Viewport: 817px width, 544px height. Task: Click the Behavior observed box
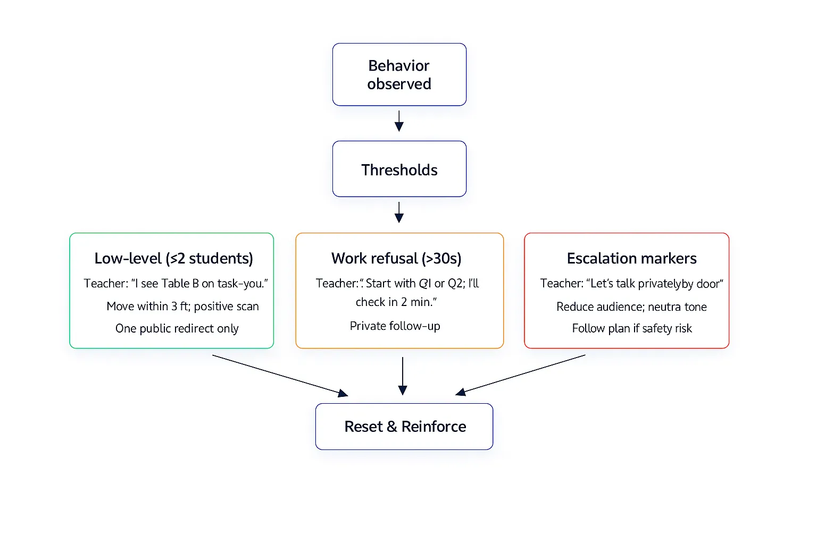399,74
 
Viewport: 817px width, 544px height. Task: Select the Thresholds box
399,169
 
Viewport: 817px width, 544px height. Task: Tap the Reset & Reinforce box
404,427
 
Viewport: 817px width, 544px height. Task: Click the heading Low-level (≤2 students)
173,259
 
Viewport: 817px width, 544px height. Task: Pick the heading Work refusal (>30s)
396,259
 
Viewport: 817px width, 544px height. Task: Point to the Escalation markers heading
631,259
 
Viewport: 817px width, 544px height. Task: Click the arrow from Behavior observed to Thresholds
399,121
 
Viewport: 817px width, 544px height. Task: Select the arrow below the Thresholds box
399,212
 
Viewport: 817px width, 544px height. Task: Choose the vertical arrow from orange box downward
403,376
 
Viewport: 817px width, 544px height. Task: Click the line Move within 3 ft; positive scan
182,307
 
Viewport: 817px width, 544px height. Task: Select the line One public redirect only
177,329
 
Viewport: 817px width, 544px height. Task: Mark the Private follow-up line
395,326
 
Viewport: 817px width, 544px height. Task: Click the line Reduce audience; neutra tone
631,307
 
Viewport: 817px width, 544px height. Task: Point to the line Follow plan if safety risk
631,329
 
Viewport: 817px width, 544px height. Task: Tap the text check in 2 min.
396,302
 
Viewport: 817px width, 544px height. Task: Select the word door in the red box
707,284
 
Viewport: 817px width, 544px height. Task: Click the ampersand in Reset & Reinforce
392,427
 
